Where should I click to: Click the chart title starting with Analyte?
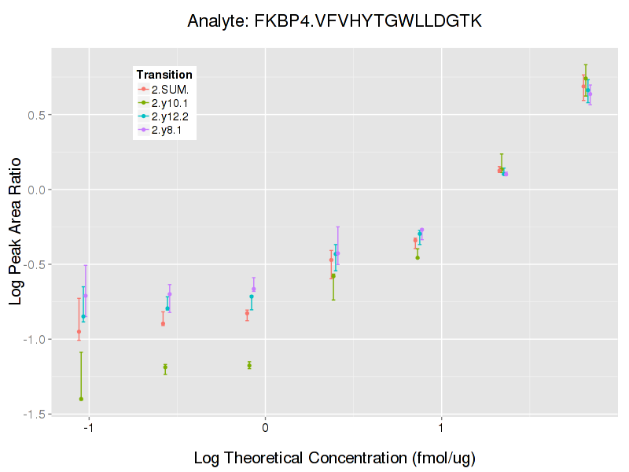334,21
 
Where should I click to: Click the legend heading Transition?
164,75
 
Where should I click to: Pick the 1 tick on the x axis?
442,429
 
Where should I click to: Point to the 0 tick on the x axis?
265,429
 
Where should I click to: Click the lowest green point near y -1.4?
81,399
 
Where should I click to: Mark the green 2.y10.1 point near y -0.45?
417,257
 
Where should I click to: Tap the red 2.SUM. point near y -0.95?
79,331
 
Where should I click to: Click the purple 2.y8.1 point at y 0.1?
506,174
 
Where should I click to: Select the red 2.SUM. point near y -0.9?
163,323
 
